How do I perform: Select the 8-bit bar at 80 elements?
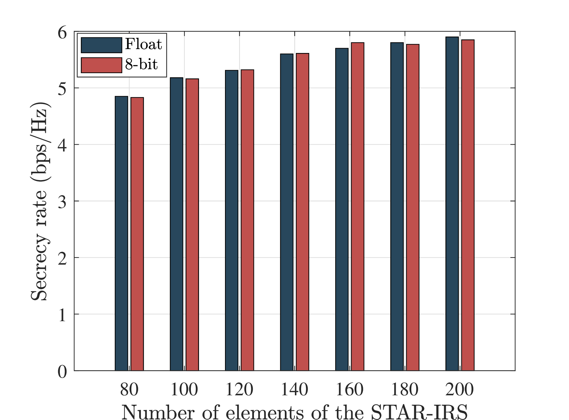point(137,234)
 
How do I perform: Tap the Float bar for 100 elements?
point(177,224)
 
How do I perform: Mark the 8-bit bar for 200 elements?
point(468,205)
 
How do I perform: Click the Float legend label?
point(143,45)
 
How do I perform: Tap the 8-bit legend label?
point(141,65)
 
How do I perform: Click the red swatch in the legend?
point(101,65)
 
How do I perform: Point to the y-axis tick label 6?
point(62,32)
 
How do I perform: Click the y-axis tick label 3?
point(62,202)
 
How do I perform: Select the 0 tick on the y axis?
point(62,371)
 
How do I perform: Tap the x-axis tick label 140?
point(294,389)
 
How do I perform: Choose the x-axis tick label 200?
point(459,389)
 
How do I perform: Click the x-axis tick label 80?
point(129,389)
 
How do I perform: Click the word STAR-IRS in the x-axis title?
point(419,412)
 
